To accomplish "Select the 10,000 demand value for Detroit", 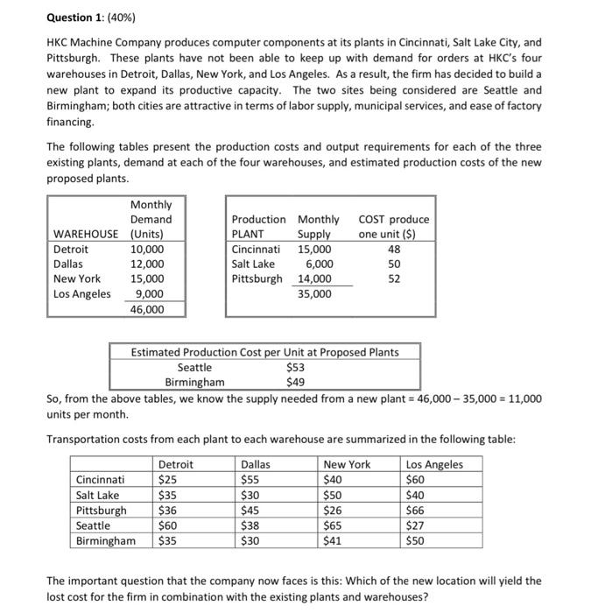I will click(x=146, y=249).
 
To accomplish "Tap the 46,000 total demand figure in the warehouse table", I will click(x=146, y=309).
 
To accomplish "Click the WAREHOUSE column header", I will click(x=85, y=234).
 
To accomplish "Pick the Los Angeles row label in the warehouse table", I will click(x=82, y=294).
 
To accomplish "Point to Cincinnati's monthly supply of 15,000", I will click(x=314, y=249).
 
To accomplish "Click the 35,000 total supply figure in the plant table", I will click(x=314, y=294).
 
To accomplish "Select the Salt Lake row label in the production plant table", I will click(x=253, y=264).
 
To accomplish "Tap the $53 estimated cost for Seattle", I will click(x=295, y=367).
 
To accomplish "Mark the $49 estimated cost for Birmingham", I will click(x=295, y=382).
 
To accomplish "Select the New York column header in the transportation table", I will click(x=347, y=464).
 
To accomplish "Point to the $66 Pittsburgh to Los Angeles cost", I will click(x=416, y=510).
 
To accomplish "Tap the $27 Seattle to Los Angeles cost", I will click(x=416, y=525).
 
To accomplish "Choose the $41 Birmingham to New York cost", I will click(x=333, y=540).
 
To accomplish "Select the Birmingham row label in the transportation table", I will click(x=106, y=540).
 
